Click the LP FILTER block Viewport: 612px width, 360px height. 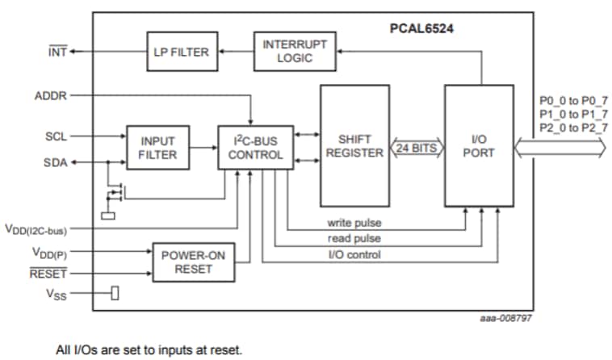180,52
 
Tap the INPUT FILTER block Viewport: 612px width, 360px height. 158,147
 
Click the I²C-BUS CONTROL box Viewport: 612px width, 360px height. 255,147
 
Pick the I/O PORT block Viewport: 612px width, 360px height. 478,146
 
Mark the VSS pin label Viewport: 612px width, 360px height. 54,293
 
